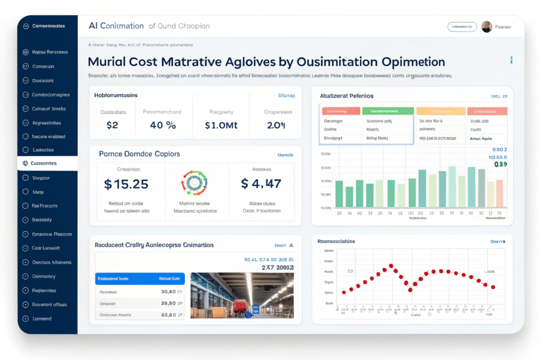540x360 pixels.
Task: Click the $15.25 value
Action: [126, 184]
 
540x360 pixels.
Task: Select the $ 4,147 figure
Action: [261, 184]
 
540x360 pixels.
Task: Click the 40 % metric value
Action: [163, 126]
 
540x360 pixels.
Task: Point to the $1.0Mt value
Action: [221, 126]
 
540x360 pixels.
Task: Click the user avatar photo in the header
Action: [487, 27]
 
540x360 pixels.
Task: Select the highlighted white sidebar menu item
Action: [47, 163]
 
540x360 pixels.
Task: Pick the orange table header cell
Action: [441, 111]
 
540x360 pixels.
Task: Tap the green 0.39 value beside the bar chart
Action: [500, 164]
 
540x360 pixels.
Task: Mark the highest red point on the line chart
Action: [391, 266]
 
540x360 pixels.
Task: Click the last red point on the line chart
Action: [493, 287]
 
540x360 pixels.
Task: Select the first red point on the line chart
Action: [344, 291]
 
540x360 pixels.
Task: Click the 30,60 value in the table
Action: [170, 291]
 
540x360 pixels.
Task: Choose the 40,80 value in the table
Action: [170, 315]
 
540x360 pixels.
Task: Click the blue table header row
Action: [139, 278]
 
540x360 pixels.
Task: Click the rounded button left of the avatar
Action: [462, 27]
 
